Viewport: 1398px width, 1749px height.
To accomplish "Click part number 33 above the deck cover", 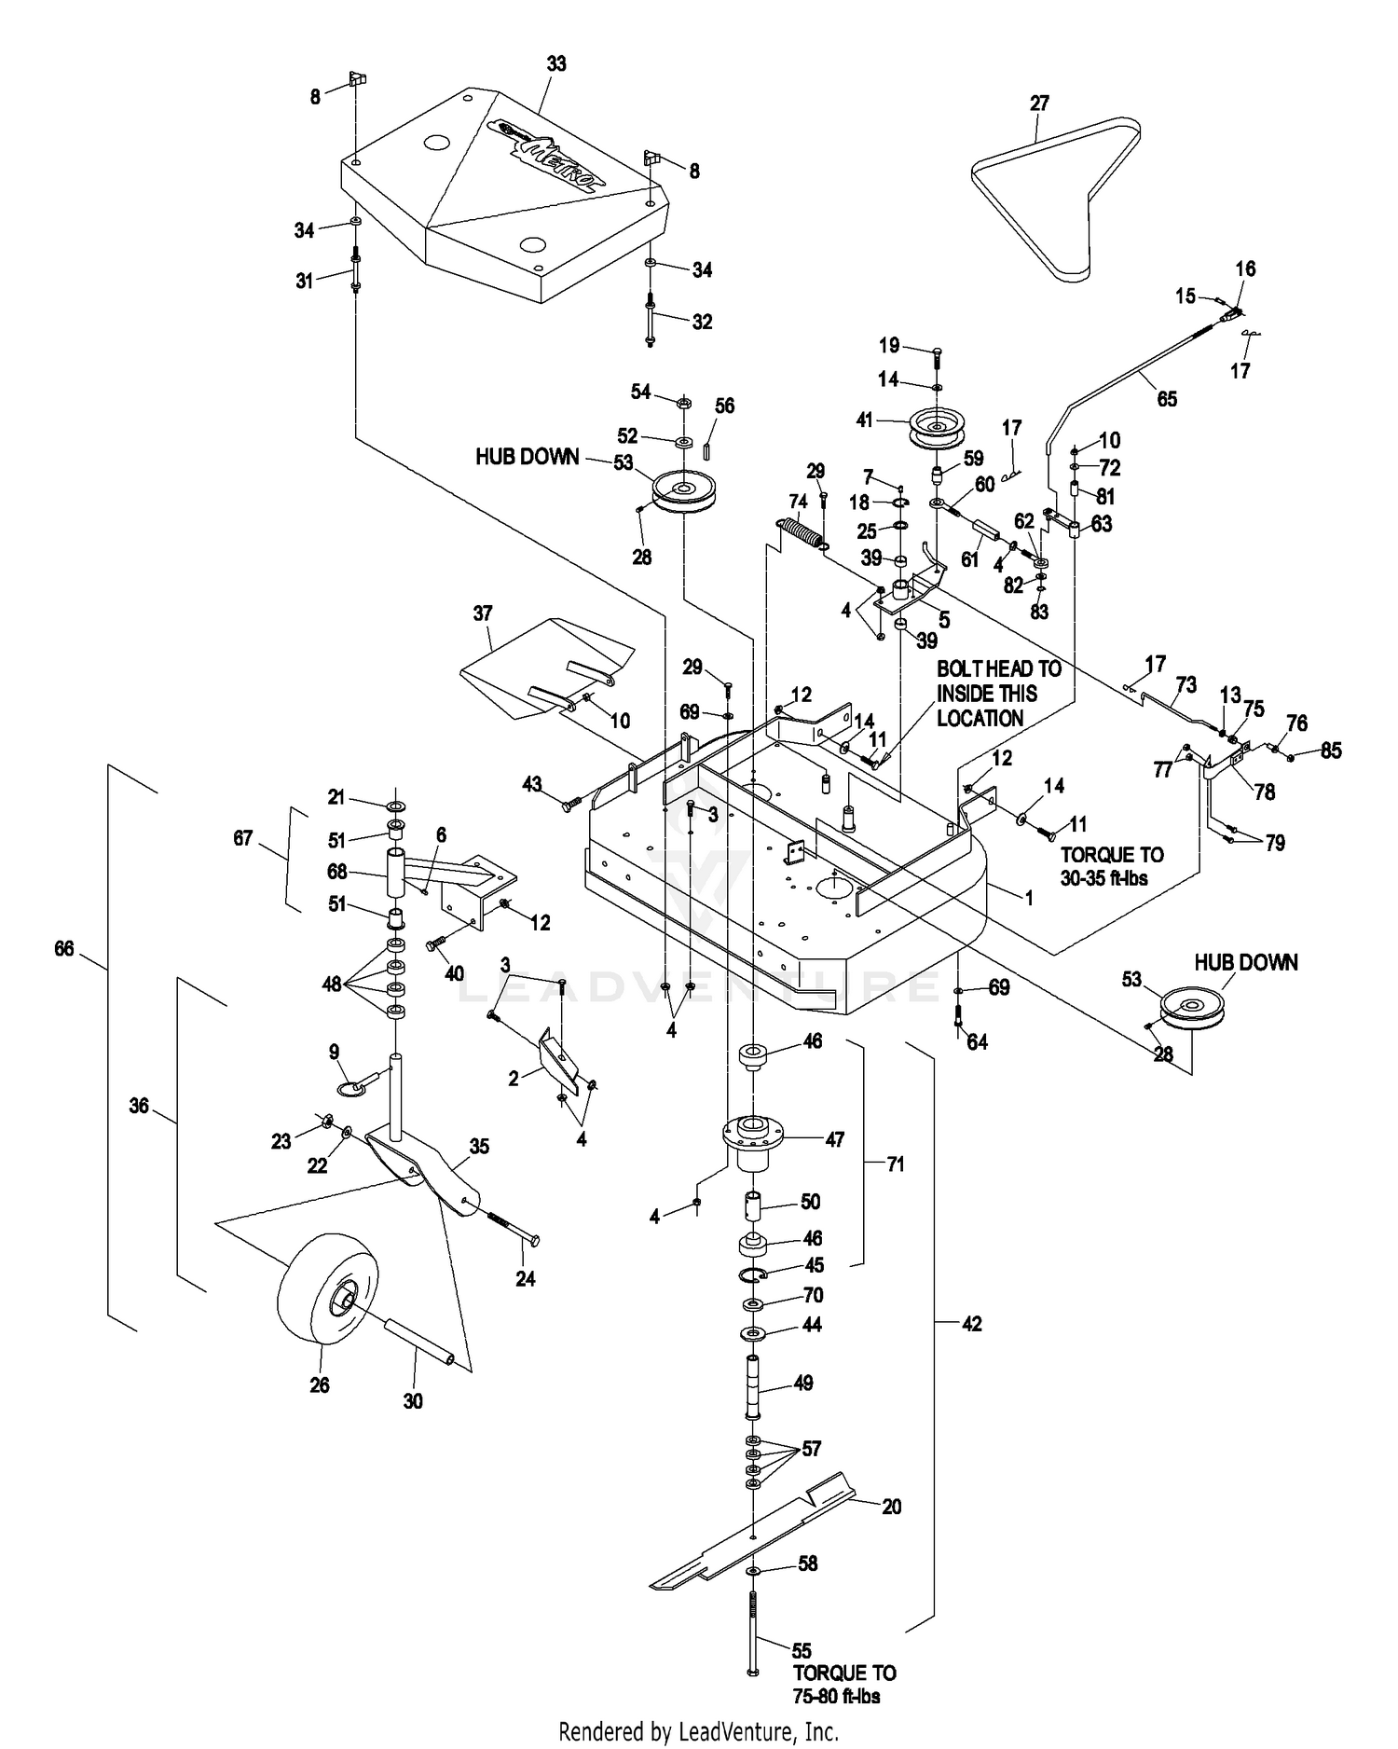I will pos(556,64).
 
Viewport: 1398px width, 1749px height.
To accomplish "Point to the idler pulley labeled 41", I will pos(937,428).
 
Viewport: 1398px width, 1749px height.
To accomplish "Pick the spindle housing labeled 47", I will pos(753,1141).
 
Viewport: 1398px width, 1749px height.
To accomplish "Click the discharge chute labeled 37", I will pos(545,664).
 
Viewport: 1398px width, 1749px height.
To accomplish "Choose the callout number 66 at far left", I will pos(63,949).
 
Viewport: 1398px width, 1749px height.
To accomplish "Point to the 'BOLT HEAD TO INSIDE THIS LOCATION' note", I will pos(999,694).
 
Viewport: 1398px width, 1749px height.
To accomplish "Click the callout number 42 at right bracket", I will pos(971,1324).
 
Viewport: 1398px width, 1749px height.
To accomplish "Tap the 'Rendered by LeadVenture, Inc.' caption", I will pos(698,1732).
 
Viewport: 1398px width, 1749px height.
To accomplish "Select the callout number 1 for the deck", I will pos(1029,898).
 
